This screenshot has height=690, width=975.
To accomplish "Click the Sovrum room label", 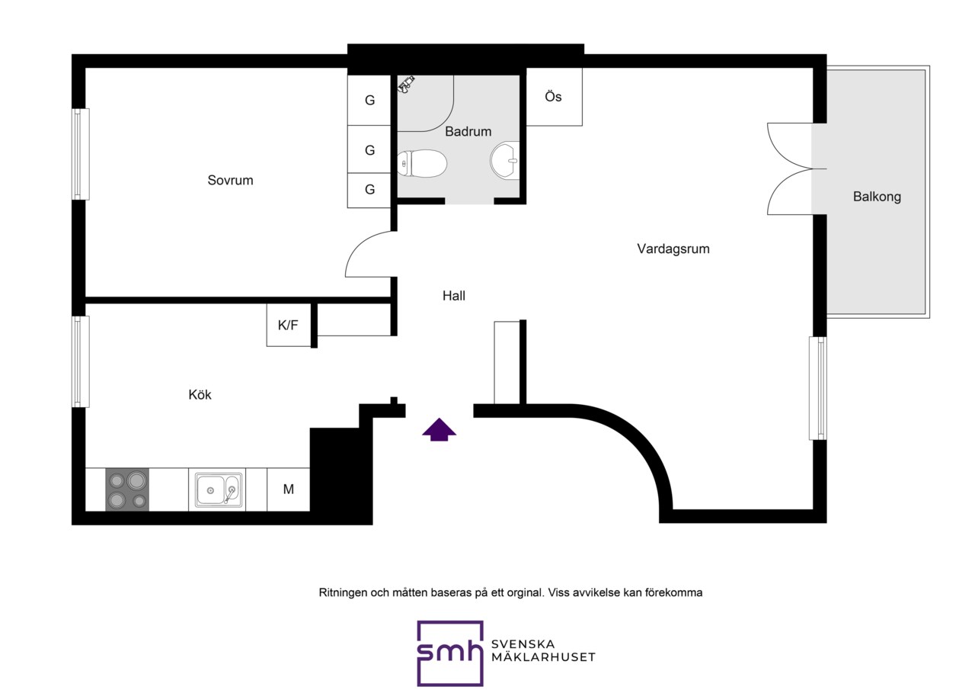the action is [x=230, y=180].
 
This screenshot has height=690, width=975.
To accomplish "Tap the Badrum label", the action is [x=468, y=131].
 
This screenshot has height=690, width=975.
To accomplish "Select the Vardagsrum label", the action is [x=673, y=249].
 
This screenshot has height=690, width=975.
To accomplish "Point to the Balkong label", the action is [x=877, y=197].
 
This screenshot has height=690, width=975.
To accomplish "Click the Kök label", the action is [x=200, y=395].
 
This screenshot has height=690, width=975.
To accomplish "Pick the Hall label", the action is [x=454, y=296].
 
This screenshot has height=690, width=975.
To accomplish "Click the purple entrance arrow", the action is [x=440, y=429].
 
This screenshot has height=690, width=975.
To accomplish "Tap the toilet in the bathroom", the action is [x=422, y=164].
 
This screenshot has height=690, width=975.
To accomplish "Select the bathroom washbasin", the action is [x=505, y=160].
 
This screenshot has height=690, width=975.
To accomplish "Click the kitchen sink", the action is [x=219, y=490].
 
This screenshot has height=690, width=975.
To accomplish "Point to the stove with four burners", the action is [x=127, y=489].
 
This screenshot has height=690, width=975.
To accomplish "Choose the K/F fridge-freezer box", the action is [x=289, y=325].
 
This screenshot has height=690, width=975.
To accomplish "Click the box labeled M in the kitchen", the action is [x=288, y=489].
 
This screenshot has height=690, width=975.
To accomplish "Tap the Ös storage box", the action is [x=554, y=97].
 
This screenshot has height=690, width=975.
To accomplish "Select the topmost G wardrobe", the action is [x=369, y=100].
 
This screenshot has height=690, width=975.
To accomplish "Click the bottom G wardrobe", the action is [x=369, y=190].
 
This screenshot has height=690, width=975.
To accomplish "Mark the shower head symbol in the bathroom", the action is [x=406, y=84].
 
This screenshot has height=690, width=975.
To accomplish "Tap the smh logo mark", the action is [x=450, y=653].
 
